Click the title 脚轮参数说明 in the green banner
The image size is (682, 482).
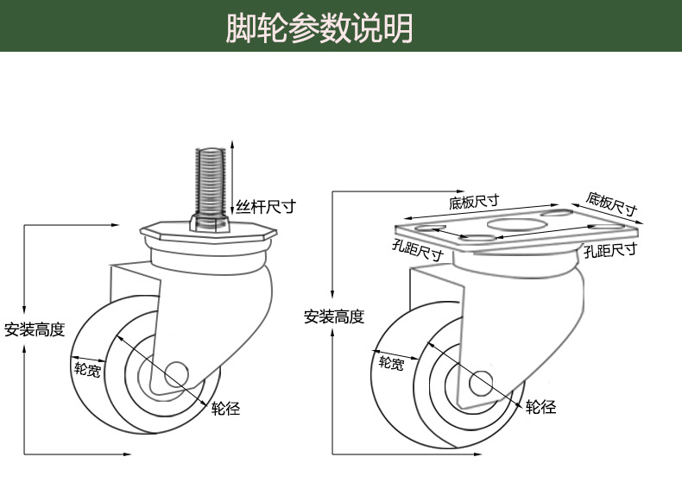pos(319,28)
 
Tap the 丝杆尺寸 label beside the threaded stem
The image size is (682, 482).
pos(266,207)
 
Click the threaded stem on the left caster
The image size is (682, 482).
pos(211,181)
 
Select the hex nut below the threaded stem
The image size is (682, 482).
pos(211,224)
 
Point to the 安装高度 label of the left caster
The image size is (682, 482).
pos(35,329)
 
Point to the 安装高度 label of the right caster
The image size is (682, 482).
pos(334,316)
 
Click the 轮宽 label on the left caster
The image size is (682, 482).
pos(87,370)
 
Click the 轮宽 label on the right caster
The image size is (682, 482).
pos(391,363)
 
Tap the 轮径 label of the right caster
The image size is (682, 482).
pos(541,407)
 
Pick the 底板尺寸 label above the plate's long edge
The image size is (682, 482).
pos(474,203)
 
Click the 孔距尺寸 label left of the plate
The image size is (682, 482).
pos(417,251)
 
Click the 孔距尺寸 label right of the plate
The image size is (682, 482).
pos(610,250)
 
